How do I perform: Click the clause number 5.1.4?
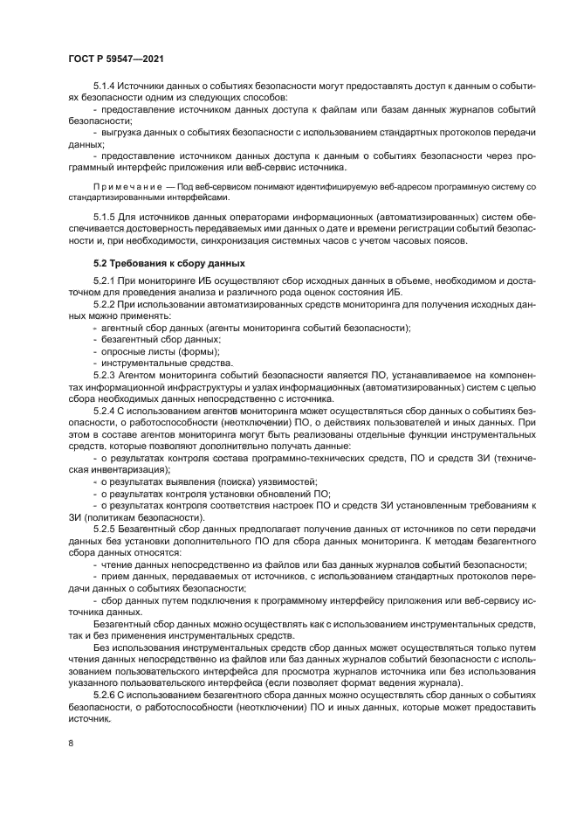pos(104,87)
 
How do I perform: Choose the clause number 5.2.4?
pos(104,409)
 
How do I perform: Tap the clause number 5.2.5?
pos(104,528)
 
